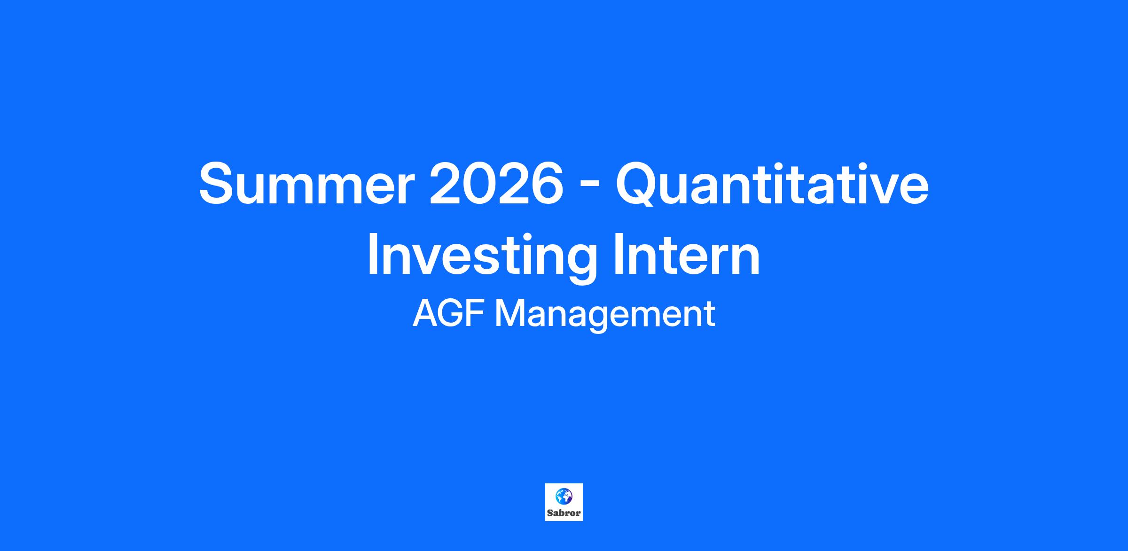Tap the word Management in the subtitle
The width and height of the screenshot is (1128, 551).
click(605, 316)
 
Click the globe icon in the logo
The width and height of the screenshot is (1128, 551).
click(564, 496)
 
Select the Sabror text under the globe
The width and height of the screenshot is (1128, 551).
click(564, 513)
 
